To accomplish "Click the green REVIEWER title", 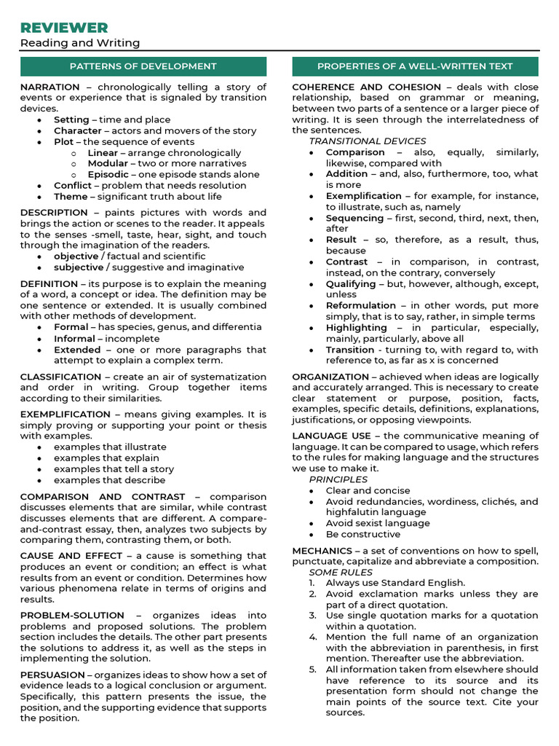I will click(64, 28).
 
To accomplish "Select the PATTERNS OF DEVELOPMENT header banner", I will click(143, 66).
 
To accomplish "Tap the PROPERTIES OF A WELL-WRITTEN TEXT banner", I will click(415, 66).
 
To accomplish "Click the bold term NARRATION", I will click(50, 87).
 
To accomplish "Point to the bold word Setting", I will click(71, 119).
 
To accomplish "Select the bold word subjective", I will click(79, 267).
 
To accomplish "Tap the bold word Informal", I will click(74, 339).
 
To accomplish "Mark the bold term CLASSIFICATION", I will click(62, 377).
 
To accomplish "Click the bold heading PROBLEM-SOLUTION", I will click(72, 616).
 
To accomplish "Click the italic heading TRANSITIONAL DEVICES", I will click(368, 141).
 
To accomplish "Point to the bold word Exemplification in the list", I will click(363, 196).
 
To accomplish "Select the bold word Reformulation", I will click(361, 306).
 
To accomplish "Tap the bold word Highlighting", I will click(356, 328).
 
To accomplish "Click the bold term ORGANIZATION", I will click(331, 377).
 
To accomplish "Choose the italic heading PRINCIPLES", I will click(338, 480).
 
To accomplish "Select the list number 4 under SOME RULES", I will click(312, 637).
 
